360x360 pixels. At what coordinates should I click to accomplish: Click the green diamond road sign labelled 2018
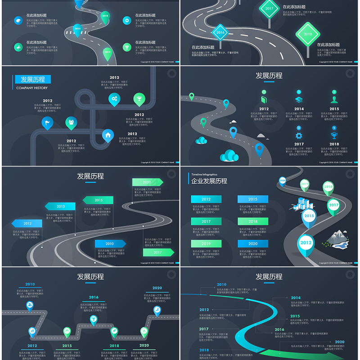click(308, 33)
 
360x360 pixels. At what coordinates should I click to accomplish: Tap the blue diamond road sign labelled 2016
click(220, 32)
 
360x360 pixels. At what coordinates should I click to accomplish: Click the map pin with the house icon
click(108, 135)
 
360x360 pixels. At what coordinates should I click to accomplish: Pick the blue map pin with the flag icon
click(47, 122)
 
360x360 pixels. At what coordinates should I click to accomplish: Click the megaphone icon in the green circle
click(18, 46)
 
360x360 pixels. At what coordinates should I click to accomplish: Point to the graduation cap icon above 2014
click(298, 99)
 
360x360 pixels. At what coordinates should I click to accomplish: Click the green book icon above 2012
click(264, 99)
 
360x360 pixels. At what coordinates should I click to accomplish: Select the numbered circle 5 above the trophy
click(334, 128)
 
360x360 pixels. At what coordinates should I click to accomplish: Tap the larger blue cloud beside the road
click(229, 156)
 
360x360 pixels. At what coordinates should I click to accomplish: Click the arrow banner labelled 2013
click(60, 206)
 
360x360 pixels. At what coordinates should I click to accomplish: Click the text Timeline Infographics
click(204, 174)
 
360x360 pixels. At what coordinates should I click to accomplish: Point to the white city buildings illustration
click(302, 203)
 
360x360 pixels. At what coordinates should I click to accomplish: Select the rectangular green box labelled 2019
click(206, 243)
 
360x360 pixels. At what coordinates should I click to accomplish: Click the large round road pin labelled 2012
click(306, 243)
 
